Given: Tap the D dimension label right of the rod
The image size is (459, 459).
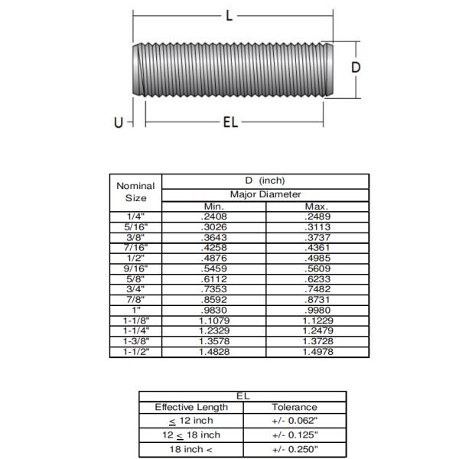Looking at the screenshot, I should (x=356, y=67).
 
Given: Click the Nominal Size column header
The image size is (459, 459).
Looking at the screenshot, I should (x=135, y=191).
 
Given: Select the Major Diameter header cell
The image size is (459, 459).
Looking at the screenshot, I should (x=266, y=194).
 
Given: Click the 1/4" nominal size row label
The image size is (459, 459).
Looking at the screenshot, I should (x=135, y=216).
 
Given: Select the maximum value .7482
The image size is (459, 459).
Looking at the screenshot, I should (x=316, y=289).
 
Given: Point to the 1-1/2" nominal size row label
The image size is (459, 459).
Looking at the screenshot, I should (x=135, y=351).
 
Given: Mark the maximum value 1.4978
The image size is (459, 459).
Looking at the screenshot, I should (x=316, y=351).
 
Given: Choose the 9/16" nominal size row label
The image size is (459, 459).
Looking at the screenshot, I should (x=135, y=269).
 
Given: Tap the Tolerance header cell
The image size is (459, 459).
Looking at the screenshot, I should (x=294, y=407).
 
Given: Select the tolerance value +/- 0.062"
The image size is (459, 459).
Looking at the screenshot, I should (x=294, y=421).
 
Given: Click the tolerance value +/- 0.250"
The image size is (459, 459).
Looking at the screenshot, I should (x=294, y=449).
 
